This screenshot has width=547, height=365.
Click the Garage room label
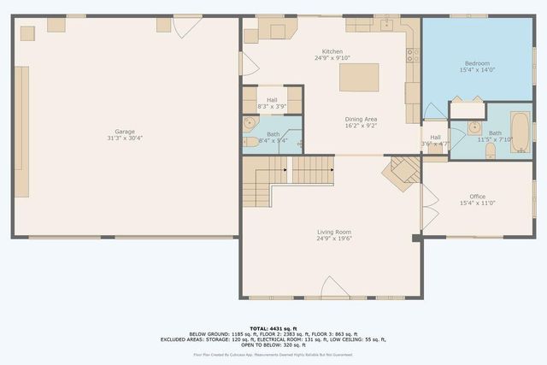coord(126,132)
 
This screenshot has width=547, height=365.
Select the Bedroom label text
coord(477,63)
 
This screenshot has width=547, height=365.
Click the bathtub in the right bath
coord(520,132)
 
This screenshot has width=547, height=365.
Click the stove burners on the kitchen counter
coord(413,56)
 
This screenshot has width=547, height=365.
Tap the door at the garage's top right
coord(185,26)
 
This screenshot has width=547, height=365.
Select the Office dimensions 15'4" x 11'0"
coord(477,203)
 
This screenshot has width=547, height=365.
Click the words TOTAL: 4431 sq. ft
coord(273,327)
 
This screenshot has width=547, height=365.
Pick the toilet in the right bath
coord(490,150)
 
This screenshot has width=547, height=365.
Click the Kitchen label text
coord(332,51)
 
